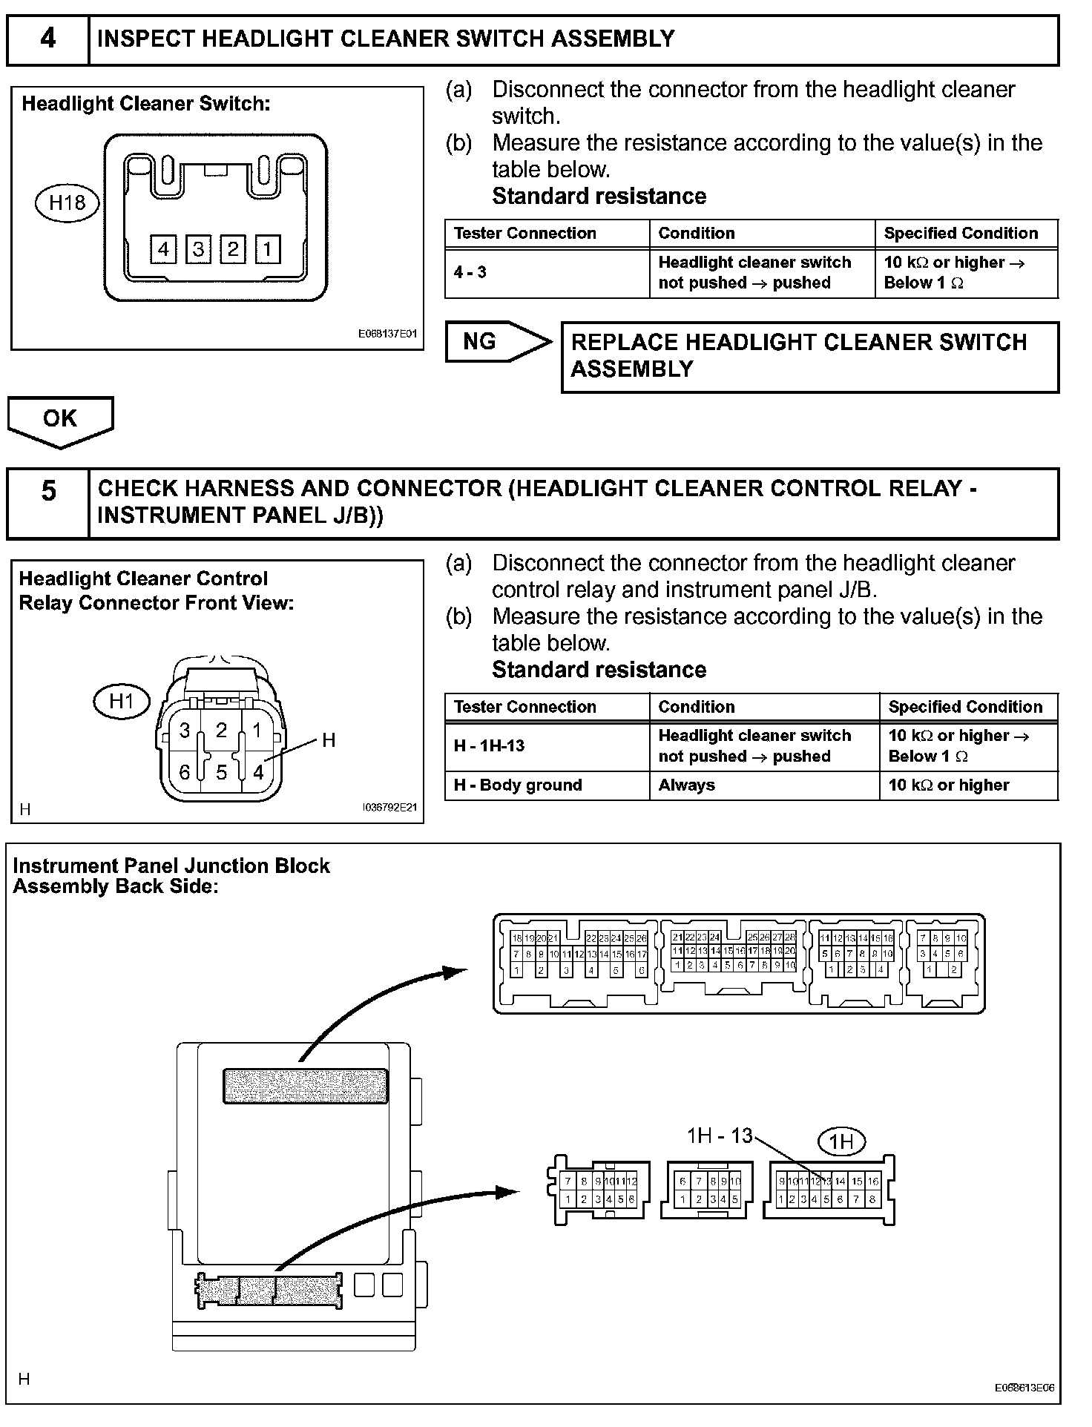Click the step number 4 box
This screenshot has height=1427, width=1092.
47,39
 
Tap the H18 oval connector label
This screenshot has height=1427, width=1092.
67,202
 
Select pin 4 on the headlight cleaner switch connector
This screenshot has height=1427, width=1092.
162,249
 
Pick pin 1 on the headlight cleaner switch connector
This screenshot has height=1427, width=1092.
268,249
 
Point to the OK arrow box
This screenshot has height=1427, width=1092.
60,420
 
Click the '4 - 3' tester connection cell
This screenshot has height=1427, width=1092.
546,273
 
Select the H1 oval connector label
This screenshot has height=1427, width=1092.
122,701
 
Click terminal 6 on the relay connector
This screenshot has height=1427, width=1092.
185,772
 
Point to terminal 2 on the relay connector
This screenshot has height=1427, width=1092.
221,730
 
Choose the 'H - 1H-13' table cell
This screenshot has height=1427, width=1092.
546,746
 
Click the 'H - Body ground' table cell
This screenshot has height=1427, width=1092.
546,785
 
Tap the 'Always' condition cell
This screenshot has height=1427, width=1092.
764,785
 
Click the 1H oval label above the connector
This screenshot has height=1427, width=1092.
841,1141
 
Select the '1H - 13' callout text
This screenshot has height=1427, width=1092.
719,1136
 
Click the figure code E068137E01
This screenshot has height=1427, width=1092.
387,334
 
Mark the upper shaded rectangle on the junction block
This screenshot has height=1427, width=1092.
306,1086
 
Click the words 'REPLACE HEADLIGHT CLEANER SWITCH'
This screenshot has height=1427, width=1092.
799,343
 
